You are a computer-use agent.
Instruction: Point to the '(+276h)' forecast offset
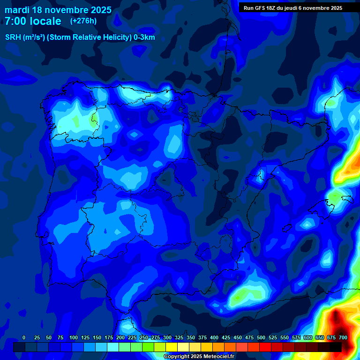point(83,21)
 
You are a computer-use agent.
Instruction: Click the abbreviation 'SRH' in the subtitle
point(13,37)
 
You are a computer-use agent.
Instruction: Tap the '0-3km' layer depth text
point(144,37)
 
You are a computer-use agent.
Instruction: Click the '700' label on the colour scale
point(343,338)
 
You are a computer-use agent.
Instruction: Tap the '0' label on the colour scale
point(24,338)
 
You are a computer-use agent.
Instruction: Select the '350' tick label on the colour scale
point(191,338)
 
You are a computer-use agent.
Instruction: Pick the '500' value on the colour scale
point(261,338)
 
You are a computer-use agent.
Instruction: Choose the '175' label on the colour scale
point(109,338)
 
